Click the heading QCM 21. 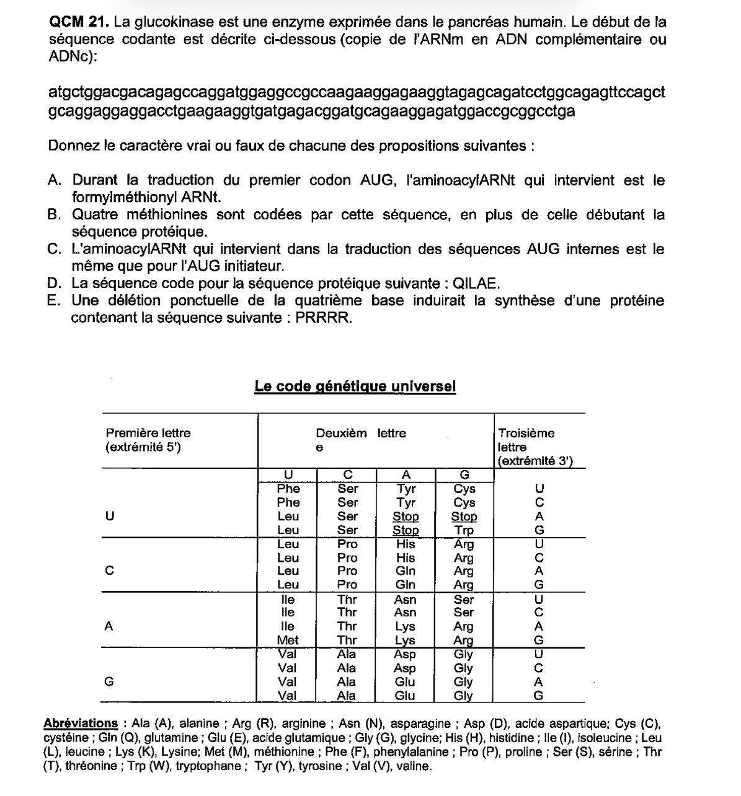79,22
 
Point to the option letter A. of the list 55,180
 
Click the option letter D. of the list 55,284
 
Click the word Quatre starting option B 95,215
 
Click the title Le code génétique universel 355,387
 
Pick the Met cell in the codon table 287,641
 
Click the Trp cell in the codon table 464,530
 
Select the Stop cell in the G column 464,517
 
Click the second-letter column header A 406,475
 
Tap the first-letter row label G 109,681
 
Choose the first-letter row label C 109,571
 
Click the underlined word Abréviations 81,724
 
